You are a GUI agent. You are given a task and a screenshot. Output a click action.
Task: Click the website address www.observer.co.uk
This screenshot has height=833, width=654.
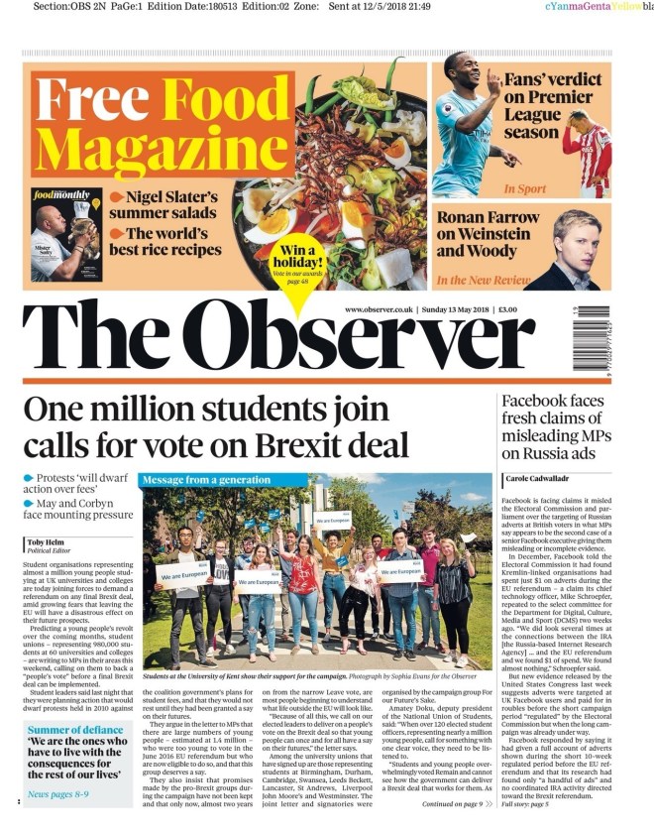click(379, 309)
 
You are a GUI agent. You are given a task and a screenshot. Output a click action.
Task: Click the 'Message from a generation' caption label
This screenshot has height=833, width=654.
click(206, 481)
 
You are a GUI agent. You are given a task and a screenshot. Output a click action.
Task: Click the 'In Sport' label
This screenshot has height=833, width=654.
click(524, 188)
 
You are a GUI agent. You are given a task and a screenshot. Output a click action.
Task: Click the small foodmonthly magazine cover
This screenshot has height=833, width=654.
click(65, 234)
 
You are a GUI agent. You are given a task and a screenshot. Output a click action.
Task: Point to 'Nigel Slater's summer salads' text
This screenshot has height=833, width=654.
click(163, 204)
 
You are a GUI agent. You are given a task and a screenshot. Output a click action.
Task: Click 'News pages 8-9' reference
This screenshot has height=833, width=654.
click(57, 821)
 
